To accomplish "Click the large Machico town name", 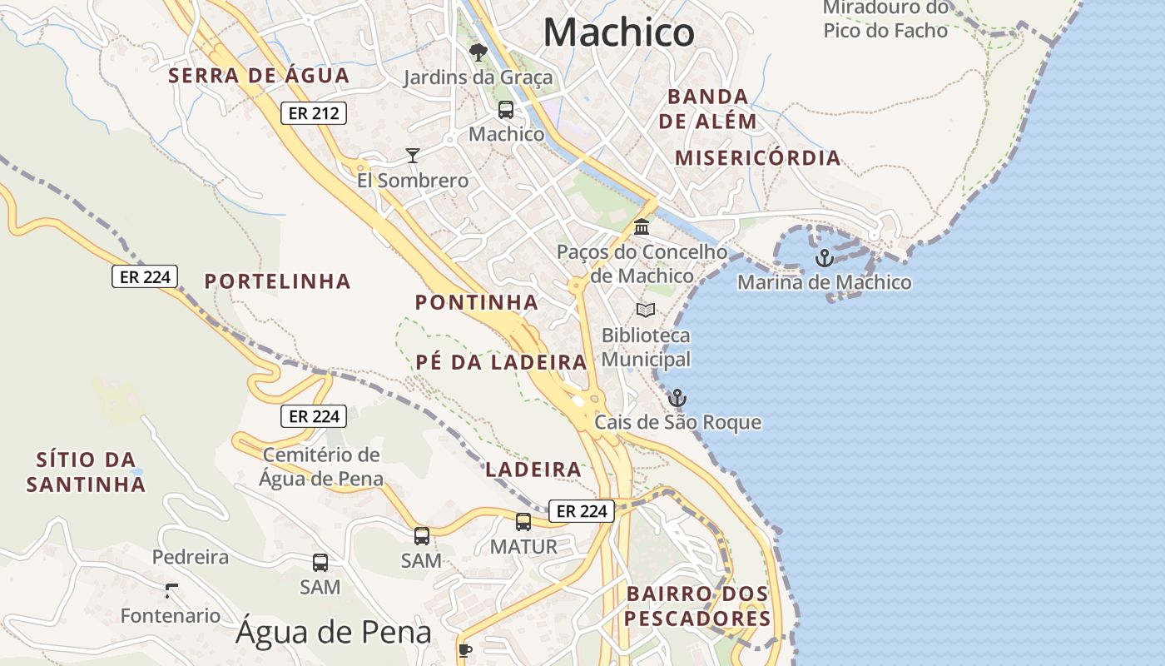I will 618,33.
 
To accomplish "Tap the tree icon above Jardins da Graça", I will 478,52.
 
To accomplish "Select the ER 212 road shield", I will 313,113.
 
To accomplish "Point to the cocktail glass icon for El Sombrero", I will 412,155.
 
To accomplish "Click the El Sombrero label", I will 413,181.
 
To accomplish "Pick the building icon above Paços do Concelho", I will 642,226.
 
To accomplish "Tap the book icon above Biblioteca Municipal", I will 646,311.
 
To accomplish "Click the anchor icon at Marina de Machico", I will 824,258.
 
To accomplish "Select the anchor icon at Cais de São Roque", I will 677,398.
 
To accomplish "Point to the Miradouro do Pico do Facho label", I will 885,20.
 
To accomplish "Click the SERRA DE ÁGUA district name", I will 259,76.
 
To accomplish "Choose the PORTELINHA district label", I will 278,281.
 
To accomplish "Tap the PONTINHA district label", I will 477,302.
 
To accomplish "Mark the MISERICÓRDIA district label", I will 757,158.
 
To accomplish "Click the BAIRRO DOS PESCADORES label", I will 697,606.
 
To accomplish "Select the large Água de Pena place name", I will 333,633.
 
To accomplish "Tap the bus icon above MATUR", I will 523,522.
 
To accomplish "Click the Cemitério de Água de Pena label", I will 321,467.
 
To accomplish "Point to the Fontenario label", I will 171,616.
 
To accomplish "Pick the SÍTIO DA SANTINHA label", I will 86,472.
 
